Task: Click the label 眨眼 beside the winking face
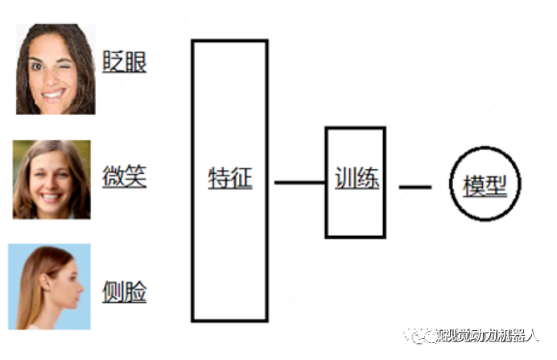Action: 124,62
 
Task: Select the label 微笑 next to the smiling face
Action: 124,177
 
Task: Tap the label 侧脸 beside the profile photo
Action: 124,292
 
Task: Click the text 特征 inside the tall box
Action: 229,178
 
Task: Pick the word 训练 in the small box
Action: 356,178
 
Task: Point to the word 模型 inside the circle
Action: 485,186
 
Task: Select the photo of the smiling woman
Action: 51,179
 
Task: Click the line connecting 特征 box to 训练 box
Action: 299,183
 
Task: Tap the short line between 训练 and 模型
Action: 415,187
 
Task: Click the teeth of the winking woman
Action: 54,93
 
